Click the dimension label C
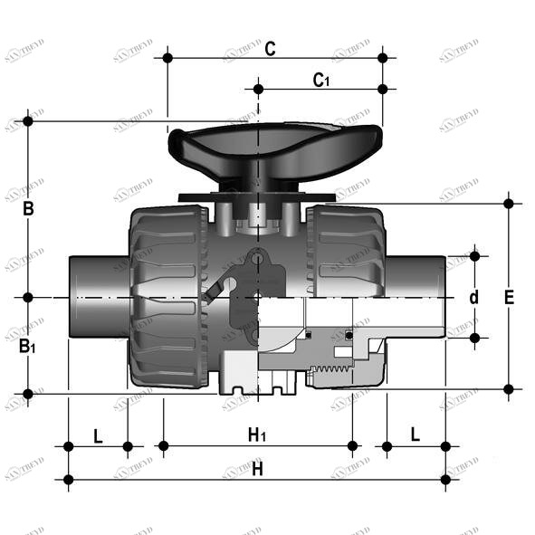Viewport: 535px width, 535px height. pyautogui.click(x=270, y=49)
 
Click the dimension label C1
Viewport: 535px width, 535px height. pyautogui.click(x=320, y=80)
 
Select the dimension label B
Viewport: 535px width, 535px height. pyautogui.click(x=28, y=209)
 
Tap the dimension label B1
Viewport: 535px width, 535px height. pyautogui.click(x=30, y=346)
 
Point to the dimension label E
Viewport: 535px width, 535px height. pyautogui.click(x=509, y=296)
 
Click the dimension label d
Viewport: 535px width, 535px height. pyautogui.click(x=473, y=297)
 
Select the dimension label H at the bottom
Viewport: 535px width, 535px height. pyautogui.click(x=257, y=469)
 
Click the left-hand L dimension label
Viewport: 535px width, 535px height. pyautogui.click(x=98, y=435)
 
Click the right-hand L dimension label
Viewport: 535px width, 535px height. pyautogui.click(x=416, y=435)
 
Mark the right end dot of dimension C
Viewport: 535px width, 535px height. pyautogui.click(x=383, y=58)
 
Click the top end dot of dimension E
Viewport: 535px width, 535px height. pyautogui.click(x=509, y=203)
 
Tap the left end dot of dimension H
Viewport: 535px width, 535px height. pyautogui.click(x=68, y=479)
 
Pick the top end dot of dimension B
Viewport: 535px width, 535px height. pyautogui.click(x=28, y=120)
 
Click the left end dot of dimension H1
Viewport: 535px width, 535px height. pyautogui.click(x=164, y=445)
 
